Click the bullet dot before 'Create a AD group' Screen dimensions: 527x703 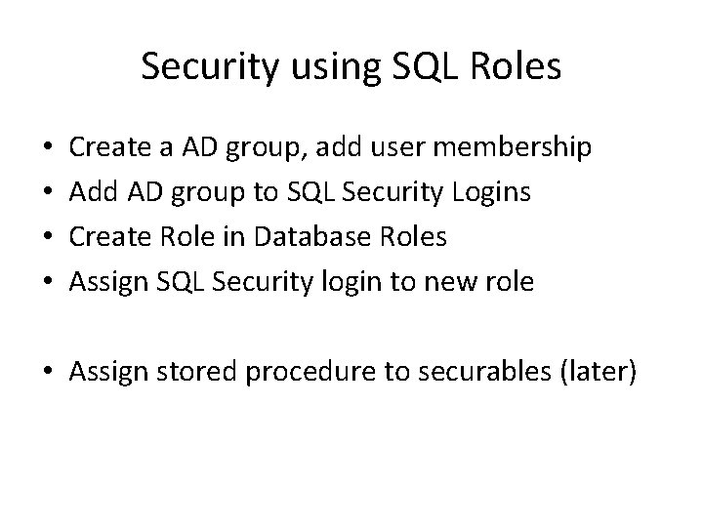pos(50,149)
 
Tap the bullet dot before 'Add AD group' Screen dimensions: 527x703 pos(50,194)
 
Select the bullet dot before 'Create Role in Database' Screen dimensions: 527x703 pos(50,238)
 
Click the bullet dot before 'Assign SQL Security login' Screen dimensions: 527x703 pos(50,283)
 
